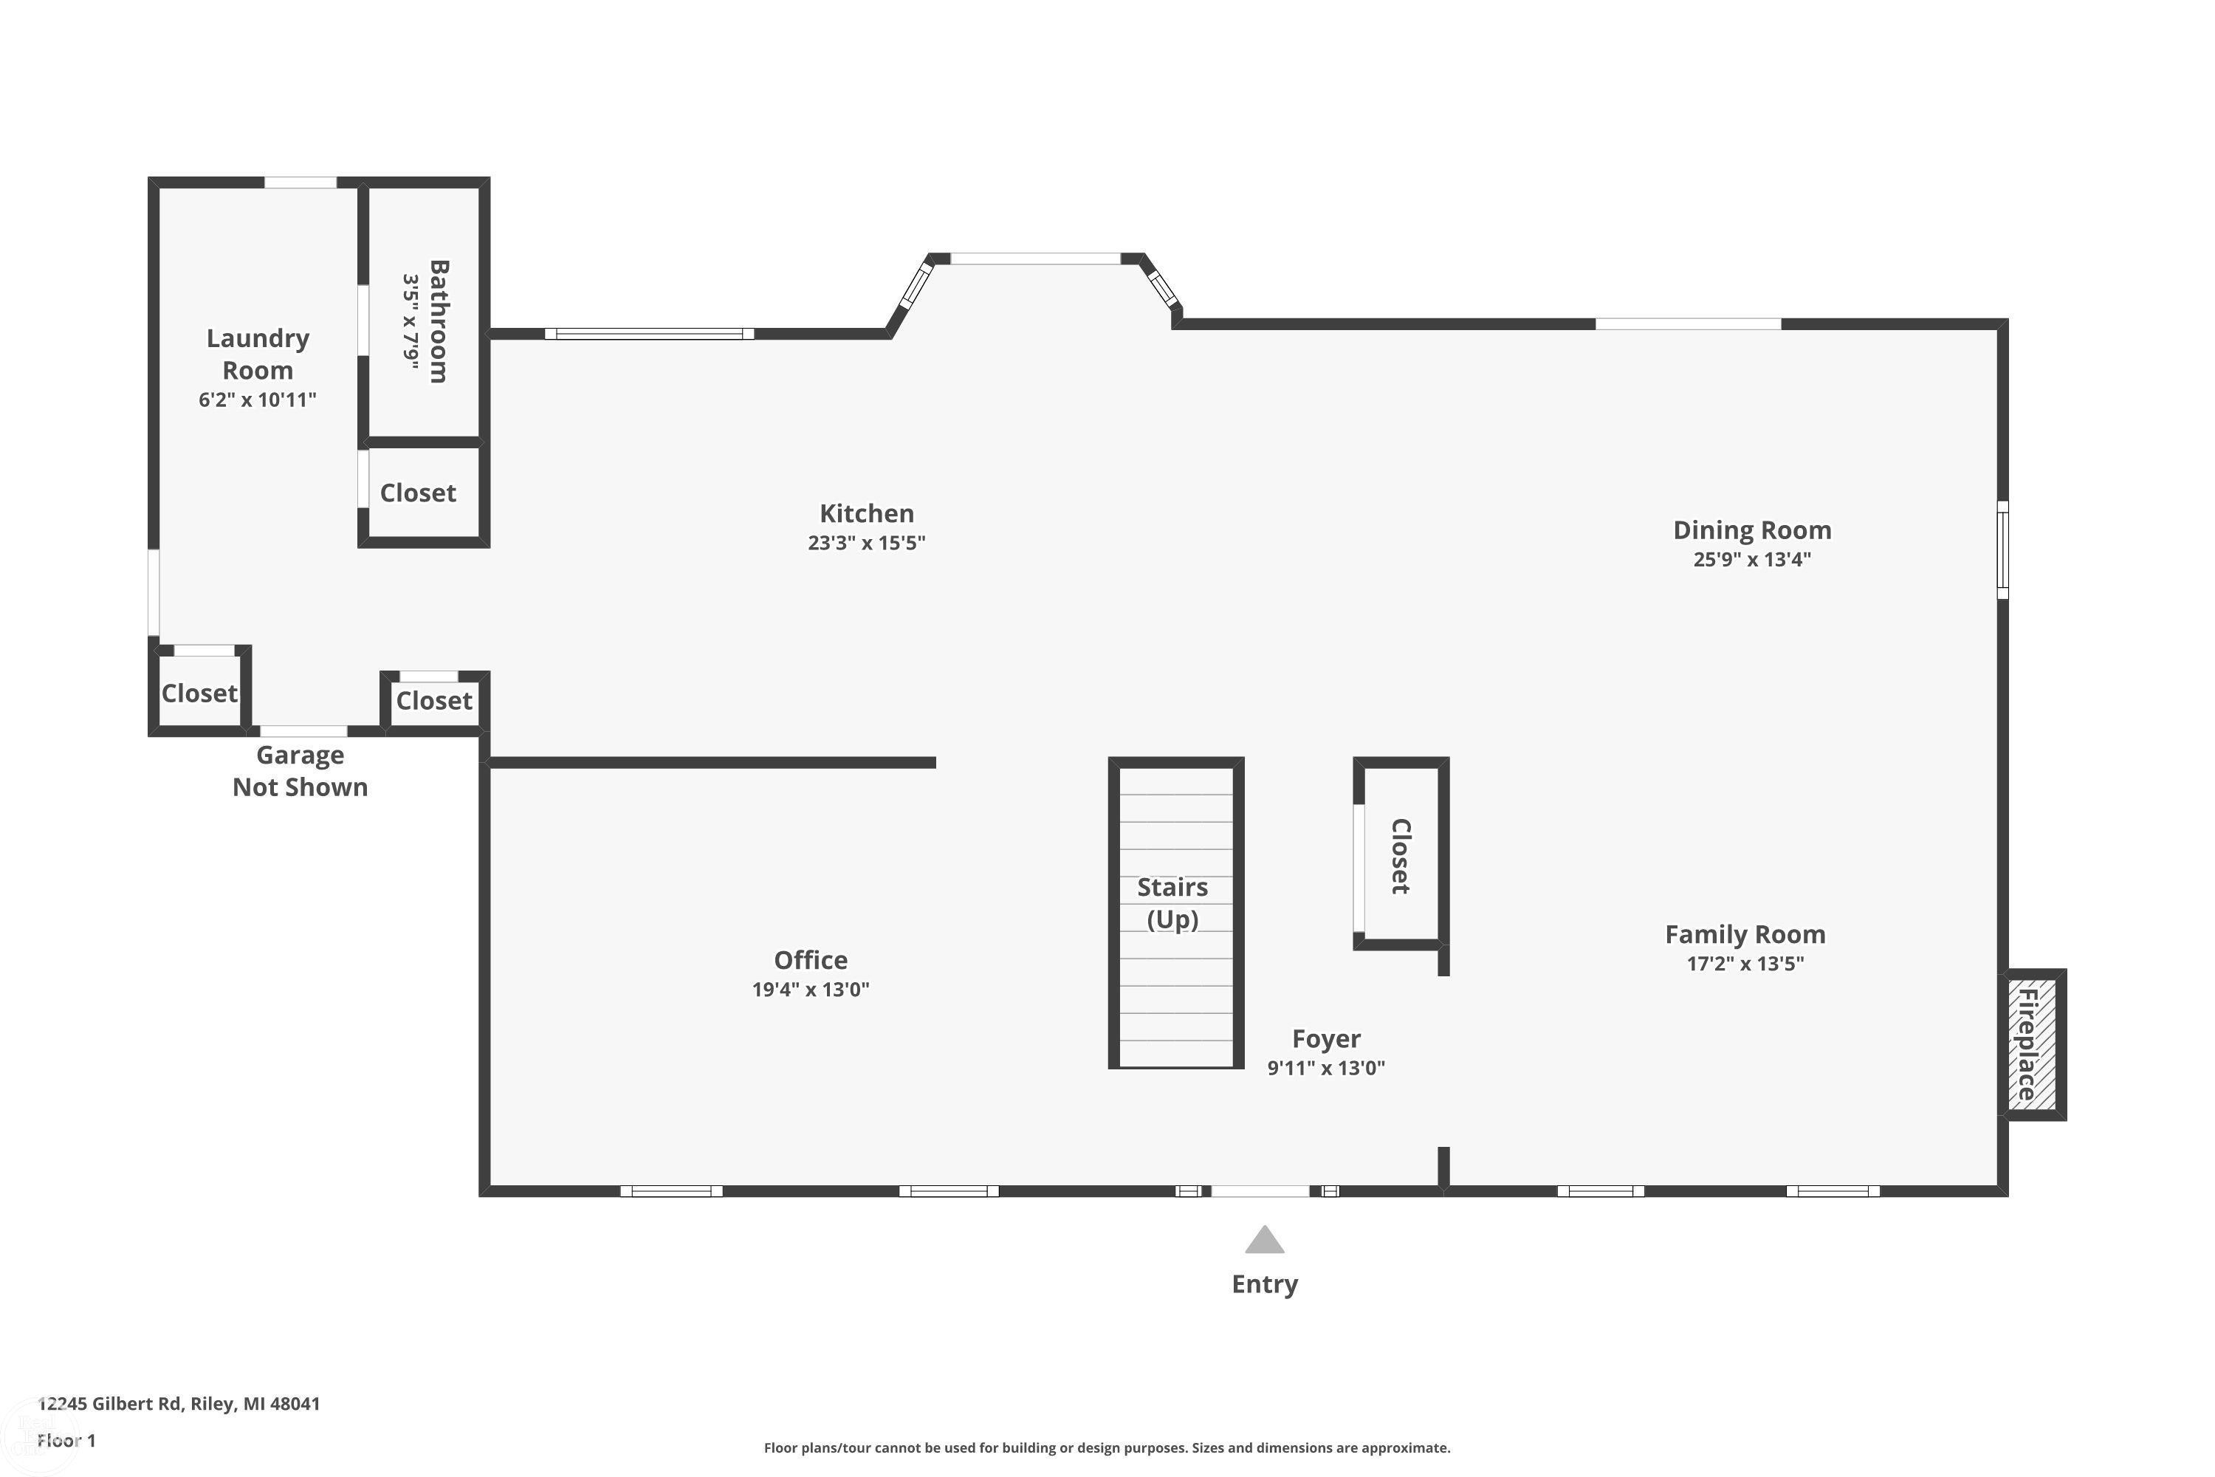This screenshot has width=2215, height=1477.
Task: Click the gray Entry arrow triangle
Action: (1264, 1240)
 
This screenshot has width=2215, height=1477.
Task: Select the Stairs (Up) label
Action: (1172, 902)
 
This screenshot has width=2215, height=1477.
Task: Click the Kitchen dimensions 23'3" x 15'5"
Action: (866, 543)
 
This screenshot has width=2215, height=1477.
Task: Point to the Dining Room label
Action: (1751, 530)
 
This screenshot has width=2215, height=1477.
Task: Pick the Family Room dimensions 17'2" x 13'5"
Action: (1745, 963)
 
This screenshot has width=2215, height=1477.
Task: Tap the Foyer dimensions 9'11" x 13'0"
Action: (1326, 1067)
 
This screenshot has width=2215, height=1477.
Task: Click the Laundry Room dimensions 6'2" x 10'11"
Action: (257, 400)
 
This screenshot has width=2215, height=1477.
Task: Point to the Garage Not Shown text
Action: (301, 770)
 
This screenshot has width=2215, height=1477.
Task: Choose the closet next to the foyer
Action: (1401, 854)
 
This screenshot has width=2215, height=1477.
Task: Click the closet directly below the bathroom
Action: (424, 493)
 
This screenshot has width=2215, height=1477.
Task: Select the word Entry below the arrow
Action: (1265, 1284)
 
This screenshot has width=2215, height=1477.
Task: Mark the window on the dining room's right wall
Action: (2003, 549)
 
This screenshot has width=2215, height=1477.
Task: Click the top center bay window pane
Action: (1035, 258)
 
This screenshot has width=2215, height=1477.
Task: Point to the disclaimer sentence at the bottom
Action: (1107, 1447)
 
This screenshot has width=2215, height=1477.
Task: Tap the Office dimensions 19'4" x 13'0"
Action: (810, 989)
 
